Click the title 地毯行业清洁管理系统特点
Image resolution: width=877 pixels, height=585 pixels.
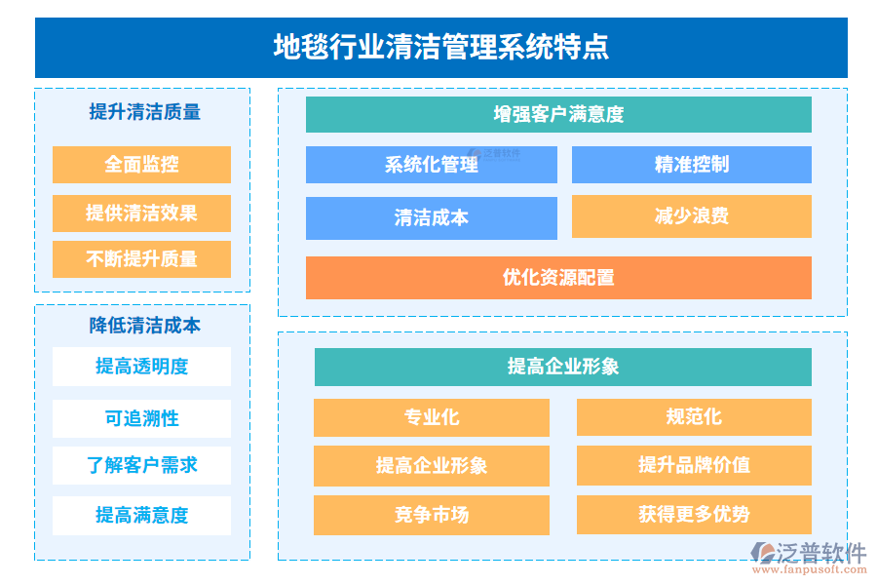440,47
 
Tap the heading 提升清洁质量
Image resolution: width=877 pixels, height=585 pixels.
144,112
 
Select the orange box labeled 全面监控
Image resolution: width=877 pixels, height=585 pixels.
141,164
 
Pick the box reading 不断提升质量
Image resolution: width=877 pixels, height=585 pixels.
141,259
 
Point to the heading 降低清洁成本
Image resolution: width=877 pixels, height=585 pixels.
144,326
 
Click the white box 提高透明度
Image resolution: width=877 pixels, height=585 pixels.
141,367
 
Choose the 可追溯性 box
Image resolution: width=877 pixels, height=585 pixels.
141,418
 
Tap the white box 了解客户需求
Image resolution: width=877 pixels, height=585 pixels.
141,465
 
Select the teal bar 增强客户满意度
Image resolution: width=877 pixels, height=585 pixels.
558,114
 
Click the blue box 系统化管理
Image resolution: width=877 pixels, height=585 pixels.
431,165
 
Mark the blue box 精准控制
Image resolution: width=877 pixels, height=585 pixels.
691,165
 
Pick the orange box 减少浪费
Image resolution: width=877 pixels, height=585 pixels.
691,216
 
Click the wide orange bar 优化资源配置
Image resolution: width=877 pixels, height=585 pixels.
558,278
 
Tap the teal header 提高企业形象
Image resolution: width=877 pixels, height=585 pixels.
562,367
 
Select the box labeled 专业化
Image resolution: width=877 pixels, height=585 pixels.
431,417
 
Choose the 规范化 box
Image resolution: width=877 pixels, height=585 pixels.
694,417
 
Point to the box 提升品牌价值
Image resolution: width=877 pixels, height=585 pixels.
694,465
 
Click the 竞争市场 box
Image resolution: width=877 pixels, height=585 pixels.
431,515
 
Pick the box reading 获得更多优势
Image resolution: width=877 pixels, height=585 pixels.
694,515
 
